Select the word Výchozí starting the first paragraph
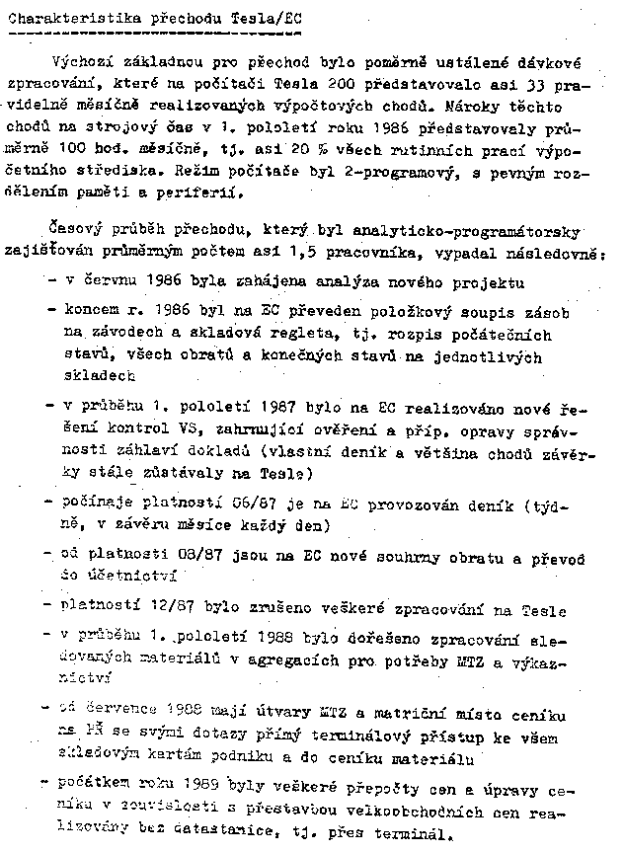click(x=97, y=64)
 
